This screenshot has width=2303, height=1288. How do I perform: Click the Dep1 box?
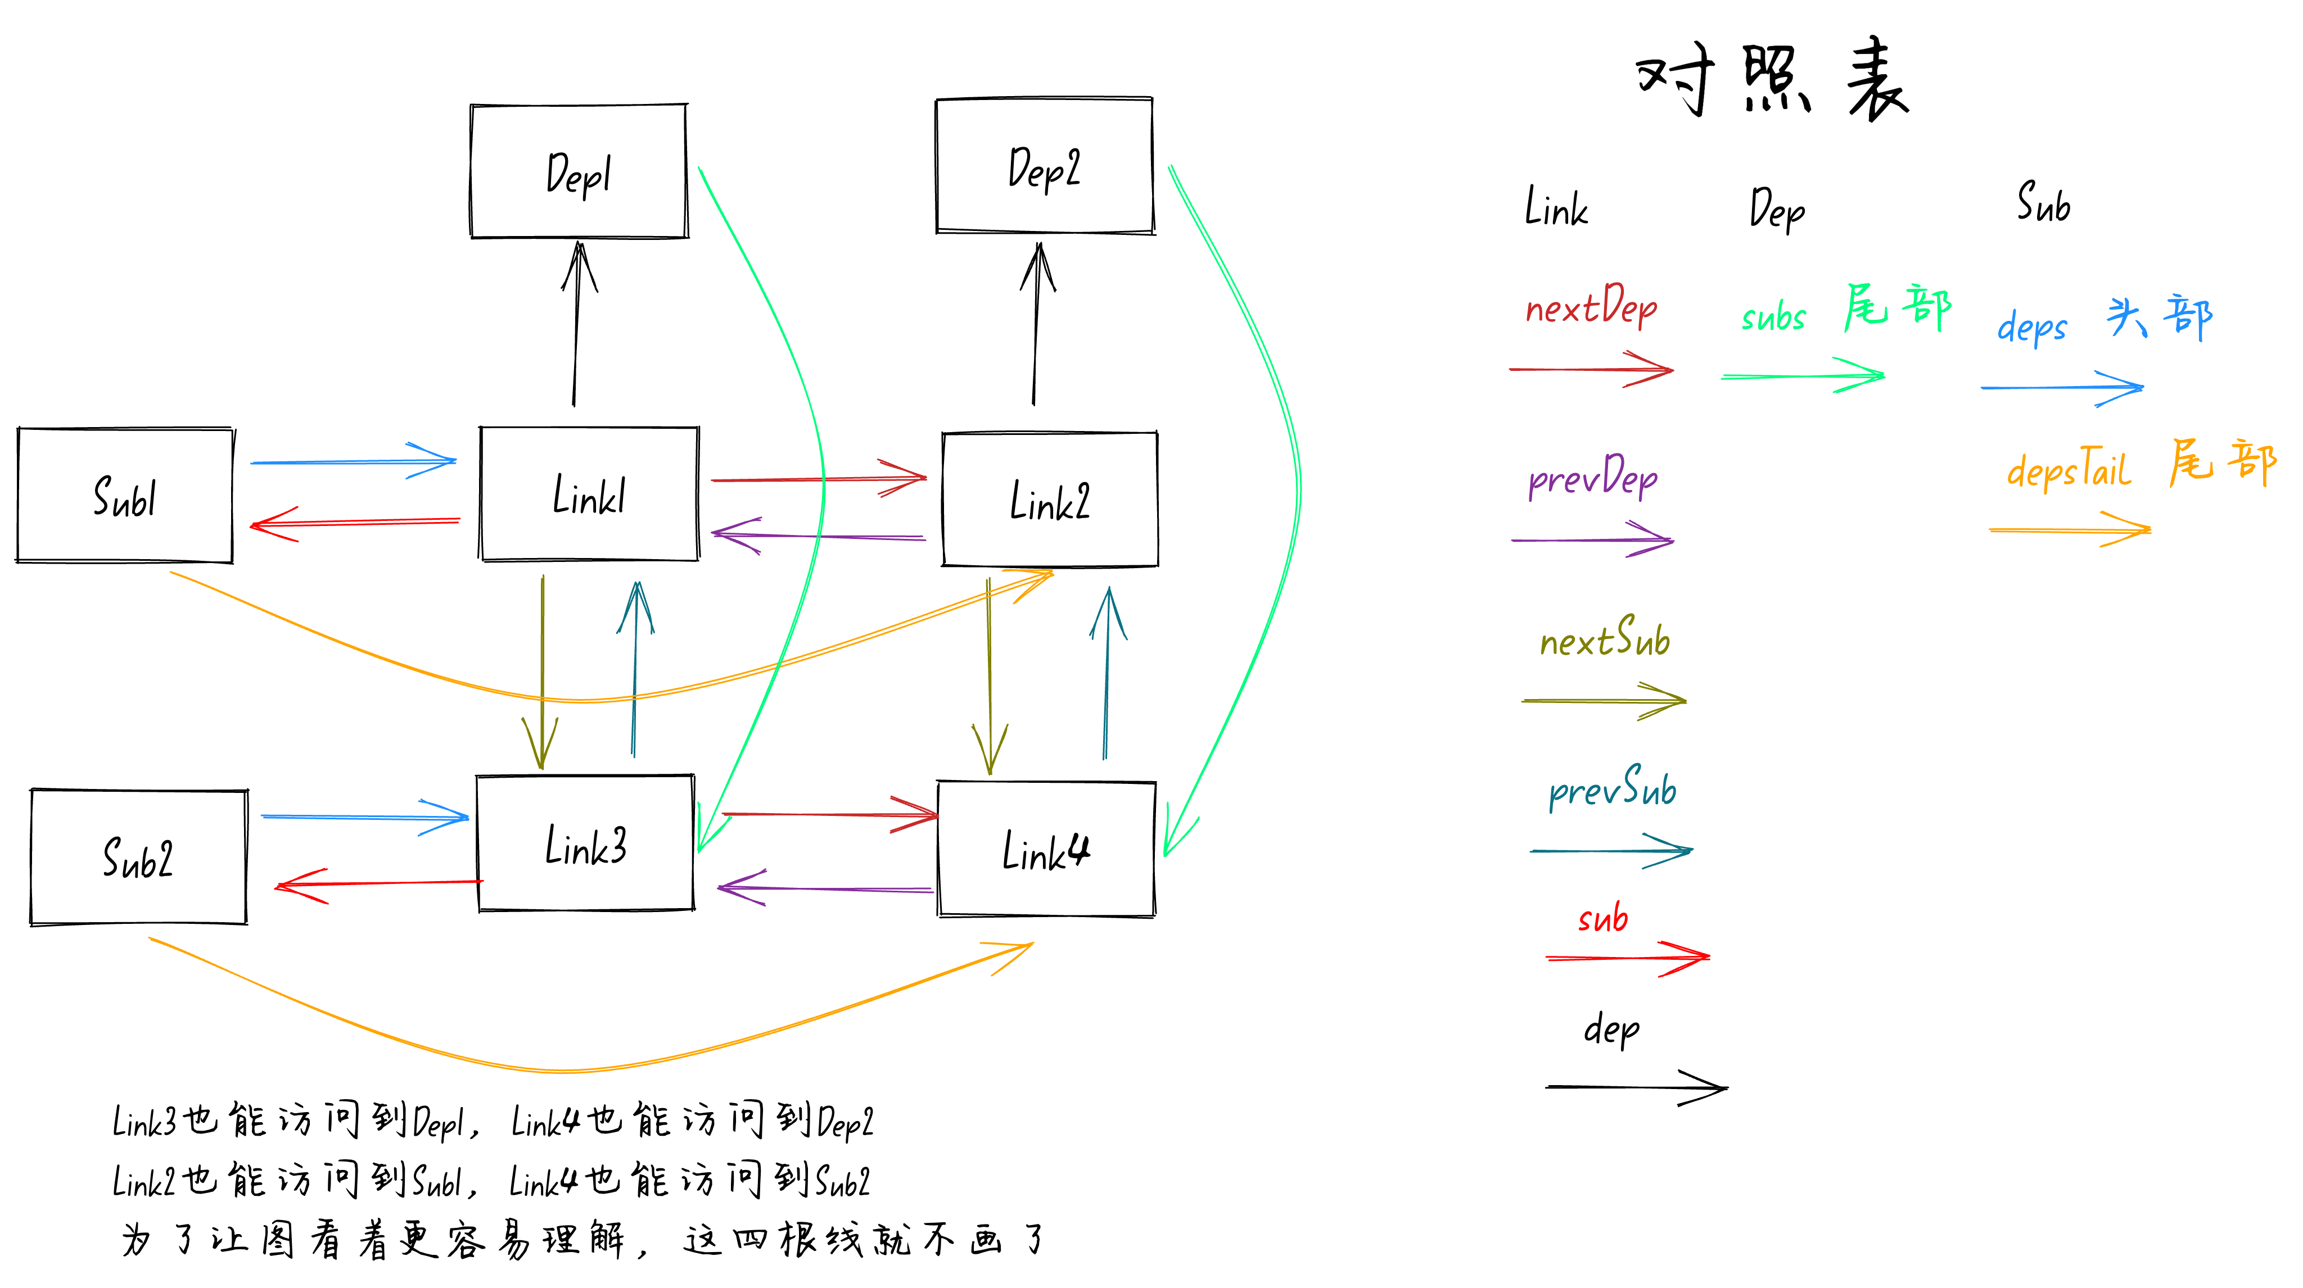tap(579, 171)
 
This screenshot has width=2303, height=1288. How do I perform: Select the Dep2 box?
tap(1044, 166)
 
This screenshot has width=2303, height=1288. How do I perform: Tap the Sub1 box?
tap(125, 496)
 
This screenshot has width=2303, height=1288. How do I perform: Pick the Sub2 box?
tap(138, 857)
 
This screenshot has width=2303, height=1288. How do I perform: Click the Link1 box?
tap(589, 495)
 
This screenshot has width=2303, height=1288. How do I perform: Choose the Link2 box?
tap(1050, 500)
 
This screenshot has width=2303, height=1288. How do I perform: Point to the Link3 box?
tap(585, 843)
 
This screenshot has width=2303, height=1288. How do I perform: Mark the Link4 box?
tap(1046, 849)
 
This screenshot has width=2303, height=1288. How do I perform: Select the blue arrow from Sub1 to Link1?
tap(353, 461)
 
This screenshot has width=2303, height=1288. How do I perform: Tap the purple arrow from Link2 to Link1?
tap(818, 536)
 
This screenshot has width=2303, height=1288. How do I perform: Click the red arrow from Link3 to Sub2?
tap(380, 883)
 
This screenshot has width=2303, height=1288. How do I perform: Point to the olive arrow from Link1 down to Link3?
tap(542, 670)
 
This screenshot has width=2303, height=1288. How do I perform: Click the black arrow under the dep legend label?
tap(1636, 1087)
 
